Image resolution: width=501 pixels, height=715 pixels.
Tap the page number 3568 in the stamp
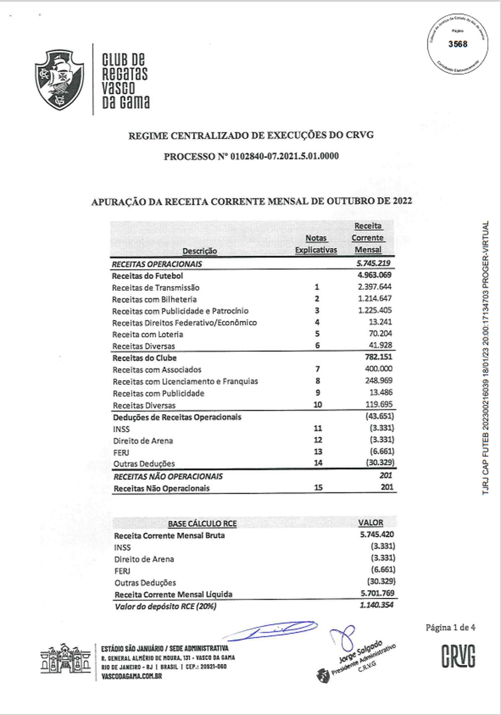click(x=457, y=44)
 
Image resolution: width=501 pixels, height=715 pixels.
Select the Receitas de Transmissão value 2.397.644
click(x=374, y=287)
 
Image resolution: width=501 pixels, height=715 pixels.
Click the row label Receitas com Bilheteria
click(x=154, y=299)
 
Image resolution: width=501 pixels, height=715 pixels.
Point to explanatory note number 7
click(x=318, y=370)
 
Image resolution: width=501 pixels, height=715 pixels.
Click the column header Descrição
click(x=199, y=251)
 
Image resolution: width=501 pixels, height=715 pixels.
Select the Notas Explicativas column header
click(x=316, y=244)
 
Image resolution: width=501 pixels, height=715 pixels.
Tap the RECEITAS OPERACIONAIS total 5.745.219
click(x=373, y=263)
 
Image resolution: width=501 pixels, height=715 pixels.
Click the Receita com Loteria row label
click(x=148, y=334)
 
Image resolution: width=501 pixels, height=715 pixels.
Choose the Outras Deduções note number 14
click(x=318, y=463)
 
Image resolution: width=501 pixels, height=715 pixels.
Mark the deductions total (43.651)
click(x=379, y=417)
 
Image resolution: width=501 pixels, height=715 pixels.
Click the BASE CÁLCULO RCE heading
click(x=202, y=524)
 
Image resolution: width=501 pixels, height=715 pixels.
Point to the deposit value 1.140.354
click(x=376, y=605)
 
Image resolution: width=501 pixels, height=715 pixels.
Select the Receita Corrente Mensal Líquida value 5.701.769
click(x=377, y=593)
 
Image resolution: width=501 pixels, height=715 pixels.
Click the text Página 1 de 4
click(x=450, y=627)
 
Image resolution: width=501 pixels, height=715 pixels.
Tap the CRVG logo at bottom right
click(x=458, y=656)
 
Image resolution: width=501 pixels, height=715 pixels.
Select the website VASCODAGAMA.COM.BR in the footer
click(x=131, y=676)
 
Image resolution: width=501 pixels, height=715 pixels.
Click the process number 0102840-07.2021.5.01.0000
click(x=285, y=156)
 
